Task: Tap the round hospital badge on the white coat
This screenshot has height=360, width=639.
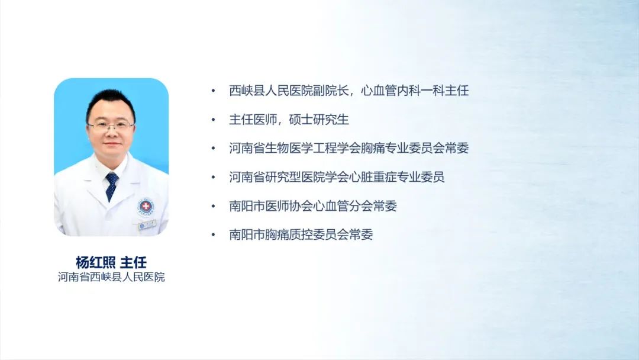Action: point(146,207)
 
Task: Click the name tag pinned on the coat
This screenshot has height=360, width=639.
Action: point(147,224)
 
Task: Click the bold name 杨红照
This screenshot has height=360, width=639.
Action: point(95,262)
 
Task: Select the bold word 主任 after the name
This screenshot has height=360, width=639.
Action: point(133,262)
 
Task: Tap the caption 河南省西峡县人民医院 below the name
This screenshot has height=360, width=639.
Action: point(111,277)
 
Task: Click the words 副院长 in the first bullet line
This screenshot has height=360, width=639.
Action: point(331,91)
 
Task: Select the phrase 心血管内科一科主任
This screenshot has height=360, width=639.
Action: point(415,91)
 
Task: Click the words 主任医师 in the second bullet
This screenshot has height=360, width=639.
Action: point(253,120)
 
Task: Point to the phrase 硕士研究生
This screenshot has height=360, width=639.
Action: point(319,120)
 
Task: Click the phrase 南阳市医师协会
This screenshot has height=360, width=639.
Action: point(271,206)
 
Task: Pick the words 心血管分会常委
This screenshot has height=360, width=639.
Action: point(355,206)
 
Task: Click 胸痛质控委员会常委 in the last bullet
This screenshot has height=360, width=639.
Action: point(319,234)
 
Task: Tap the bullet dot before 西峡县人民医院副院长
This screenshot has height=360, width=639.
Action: point(213,91)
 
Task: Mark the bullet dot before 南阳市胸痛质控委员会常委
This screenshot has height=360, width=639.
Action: point(213,234)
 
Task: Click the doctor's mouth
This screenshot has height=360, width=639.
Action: point(112,144)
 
